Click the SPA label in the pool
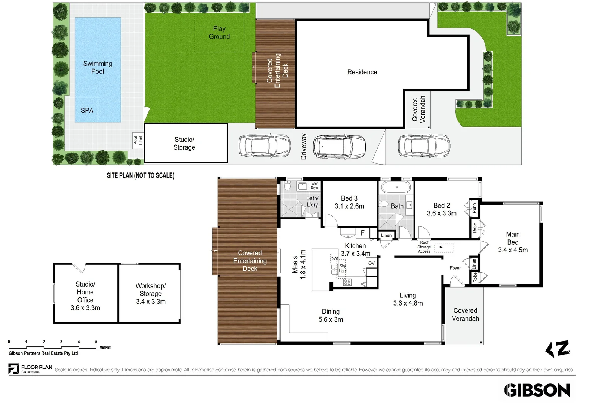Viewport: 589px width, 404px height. coord(87,110)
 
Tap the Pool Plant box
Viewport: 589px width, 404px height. coord(138,140)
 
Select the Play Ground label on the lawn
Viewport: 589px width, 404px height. coord(219,32)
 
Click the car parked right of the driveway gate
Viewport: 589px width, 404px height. coord(424,146)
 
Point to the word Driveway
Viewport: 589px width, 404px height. coord(304,147)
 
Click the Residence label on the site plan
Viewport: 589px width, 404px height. coord(362,72)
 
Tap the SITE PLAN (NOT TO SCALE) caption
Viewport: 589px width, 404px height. coord(140,175)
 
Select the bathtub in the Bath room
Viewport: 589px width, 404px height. coord(396,187)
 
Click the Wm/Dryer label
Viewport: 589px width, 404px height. coord(315,186)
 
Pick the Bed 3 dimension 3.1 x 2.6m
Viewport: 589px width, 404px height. coord(349,206)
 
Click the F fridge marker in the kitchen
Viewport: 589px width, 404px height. coord(363,233)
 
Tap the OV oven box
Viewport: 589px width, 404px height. coord(372,263)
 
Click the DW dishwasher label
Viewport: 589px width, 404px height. coord(334,258)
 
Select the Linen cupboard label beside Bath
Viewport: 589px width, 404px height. coord(386,235)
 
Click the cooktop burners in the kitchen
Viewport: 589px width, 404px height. coord(347,282)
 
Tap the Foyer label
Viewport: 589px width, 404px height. coord(455,268)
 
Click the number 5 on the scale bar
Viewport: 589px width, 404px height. coord(96,342)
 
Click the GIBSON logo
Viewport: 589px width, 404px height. coord(537,390)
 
